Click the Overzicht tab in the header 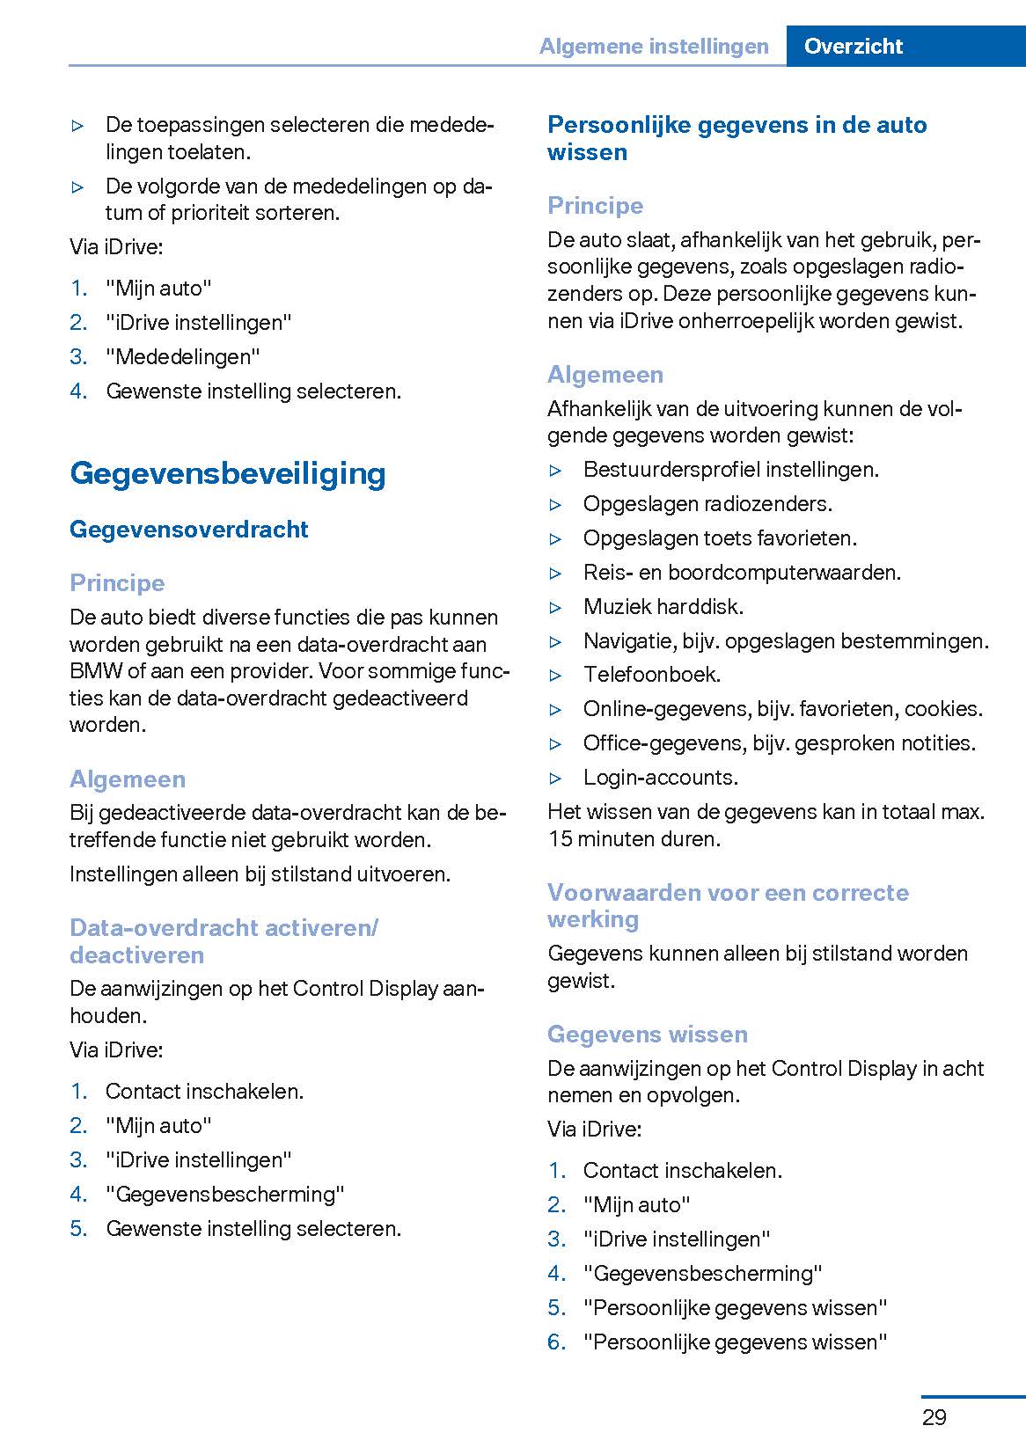[853, 46]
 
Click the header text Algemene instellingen [654, 46]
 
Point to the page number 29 [934, 1417]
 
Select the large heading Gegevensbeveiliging [227, 473]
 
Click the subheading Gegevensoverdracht [188, 529]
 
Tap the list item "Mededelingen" [183, 356]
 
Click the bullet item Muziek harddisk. [663, 606]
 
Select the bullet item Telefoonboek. [651, 675]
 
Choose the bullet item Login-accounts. [660, 777]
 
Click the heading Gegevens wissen [647, 1034]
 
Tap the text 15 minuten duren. [634, 838]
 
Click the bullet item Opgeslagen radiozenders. [707, 503]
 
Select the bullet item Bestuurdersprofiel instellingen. [730, 469]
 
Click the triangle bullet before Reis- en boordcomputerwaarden [555, 573]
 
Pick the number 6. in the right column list [556, 1342]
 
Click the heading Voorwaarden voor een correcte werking [727, 905]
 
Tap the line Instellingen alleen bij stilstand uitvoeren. [260, 874]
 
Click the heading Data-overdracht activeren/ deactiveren [224, 940]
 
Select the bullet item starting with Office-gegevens [779, 742]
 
